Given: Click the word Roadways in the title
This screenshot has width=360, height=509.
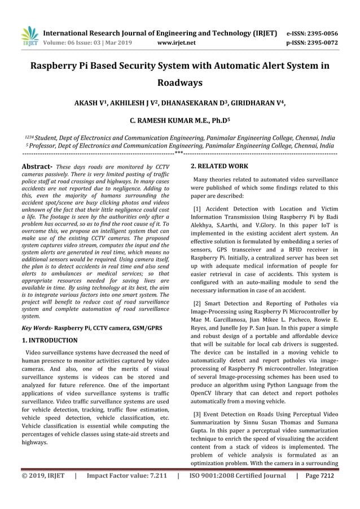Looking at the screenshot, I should [x=179, y=83].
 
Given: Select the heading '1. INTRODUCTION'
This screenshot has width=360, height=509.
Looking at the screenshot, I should [x=49, y=340].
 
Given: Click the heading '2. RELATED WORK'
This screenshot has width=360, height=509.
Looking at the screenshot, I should [x=219, y=167].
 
